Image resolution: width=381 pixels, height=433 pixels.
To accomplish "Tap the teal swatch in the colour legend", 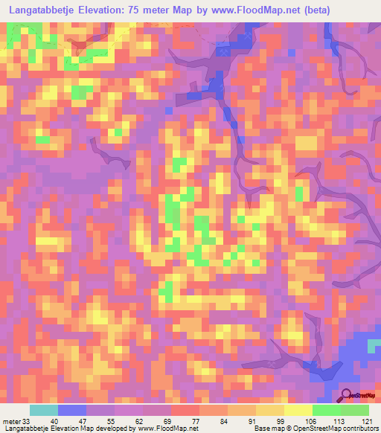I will [x=44, y=411].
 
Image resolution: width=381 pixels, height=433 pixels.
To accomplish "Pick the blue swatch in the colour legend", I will [x=72, y=411].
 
